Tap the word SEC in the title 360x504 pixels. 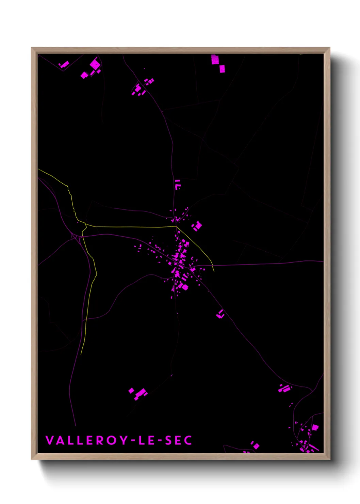[x=179, y=440]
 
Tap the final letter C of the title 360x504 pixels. [x=188, y=440]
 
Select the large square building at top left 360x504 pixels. [x=95, y=64]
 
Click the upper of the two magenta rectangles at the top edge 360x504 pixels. [x=215, y=60]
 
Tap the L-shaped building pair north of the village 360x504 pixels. [x=177, y=184]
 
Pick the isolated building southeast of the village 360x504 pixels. [x=220, y=314]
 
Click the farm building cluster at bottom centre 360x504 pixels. [x=138, y=393]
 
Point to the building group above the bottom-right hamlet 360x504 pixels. [x=284, y=388]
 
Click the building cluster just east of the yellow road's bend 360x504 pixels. [x=197, y=226]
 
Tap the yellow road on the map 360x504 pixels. [x=136, y=226]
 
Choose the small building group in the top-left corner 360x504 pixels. [x=64, y=64]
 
